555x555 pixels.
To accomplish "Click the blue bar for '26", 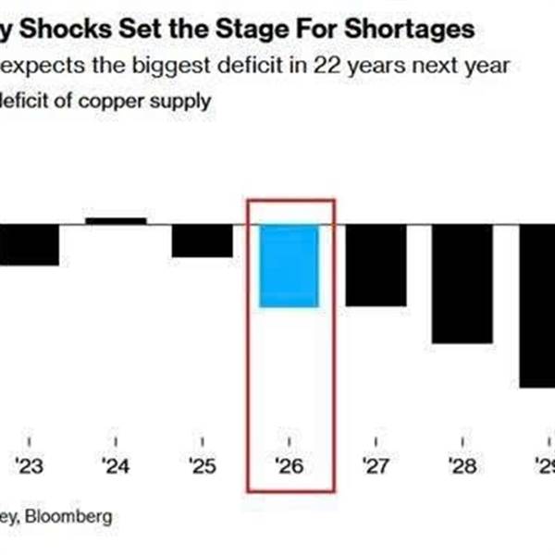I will click(x=289, y=265).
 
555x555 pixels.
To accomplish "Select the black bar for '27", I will click(x=376, y=265).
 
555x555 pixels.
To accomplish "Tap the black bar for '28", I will click(x=462, y=284).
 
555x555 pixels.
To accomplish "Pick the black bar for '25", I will click(x=203, y=240).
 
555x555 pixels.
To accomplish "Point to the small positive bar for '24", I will click(x=116, y=221).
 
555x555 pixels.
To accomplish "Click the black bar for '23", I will click(x=29, y=244).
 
